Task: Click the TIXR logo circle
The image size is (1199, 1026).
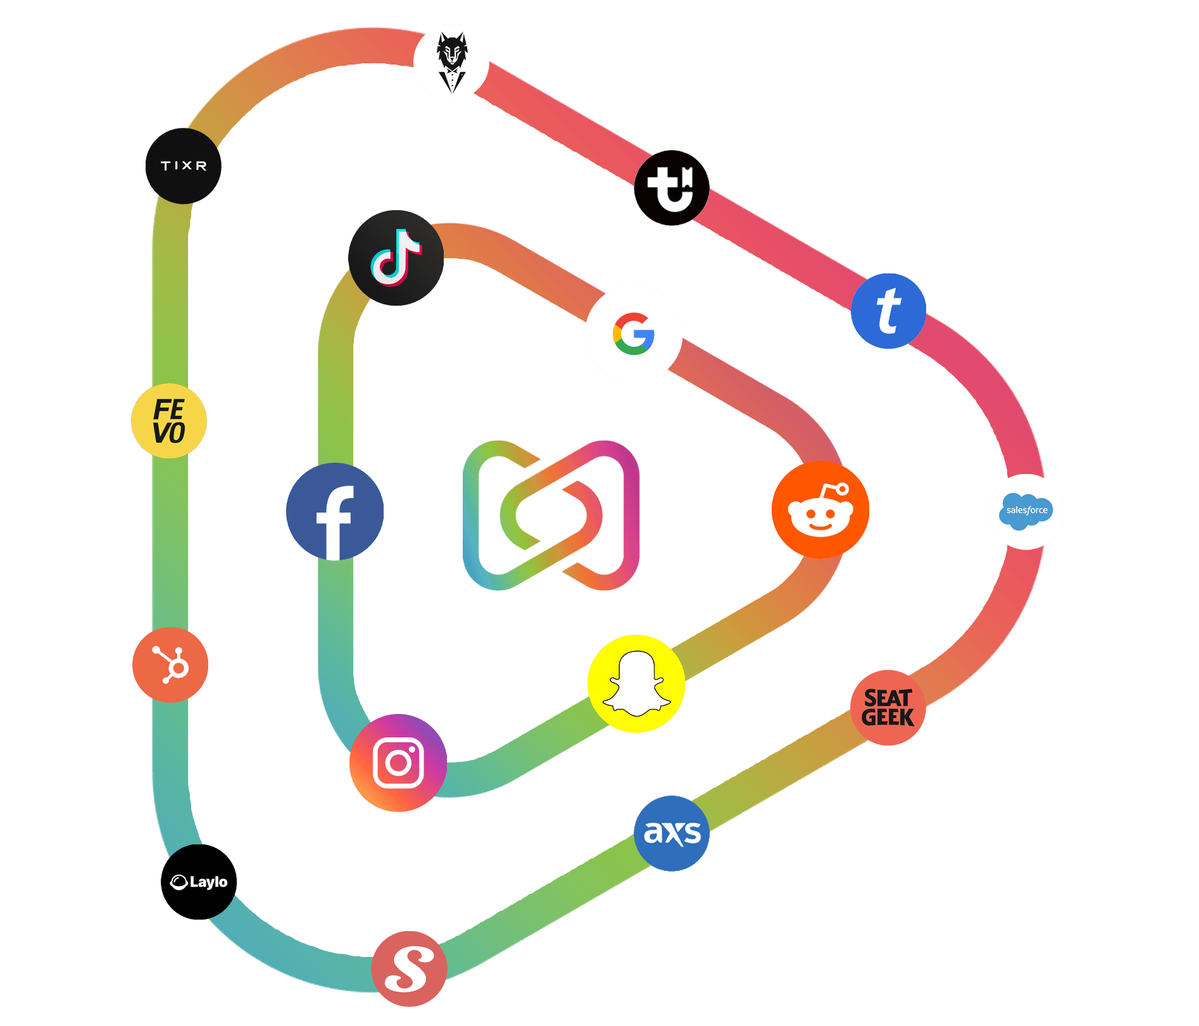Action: [184, 166]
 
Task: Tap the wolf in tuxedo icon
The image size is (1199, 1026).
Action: [451, 62]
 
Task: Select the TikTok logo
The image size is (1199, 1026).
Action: [396, 258]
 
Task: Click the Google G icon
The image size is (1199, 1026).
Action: [634, 334]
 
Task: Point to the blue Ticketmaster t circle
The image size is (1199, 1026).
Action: [888, 311]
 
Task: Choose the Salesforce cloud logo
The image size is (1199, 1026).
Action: [1026, 511]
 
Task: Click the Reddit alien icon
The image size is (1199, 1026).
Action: [820, 510]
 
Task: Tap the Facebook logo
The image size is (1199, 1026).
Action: [335, 512]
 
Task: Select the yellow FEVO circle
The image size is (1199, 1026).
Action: [169, 421]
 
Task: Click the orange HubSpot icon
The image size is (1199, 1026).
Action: [170, 665]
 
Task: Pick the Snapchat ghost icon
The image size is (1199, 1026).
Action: [636, 684]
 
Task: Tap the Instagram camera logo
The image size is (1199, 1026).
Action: [398, 763]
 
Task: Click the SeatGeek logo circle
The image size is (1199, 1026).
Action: [888, 708]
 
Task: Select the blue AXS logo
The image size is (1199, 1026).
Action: [672, 834]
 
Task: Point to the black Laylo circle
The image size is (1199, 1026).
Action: [199, 882]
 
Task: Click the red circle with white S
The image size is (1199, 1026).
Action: [409, 968]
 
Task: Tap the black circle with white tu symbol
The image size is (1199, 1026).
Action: [672, 188]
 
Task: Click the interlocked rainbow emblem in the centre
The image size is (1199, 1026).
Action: [551, 515]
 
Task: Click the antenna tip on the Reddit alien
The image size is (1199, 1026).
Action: [842, 489]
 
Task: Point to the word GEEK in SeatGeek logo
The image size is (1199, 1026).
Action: [888, 718]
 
